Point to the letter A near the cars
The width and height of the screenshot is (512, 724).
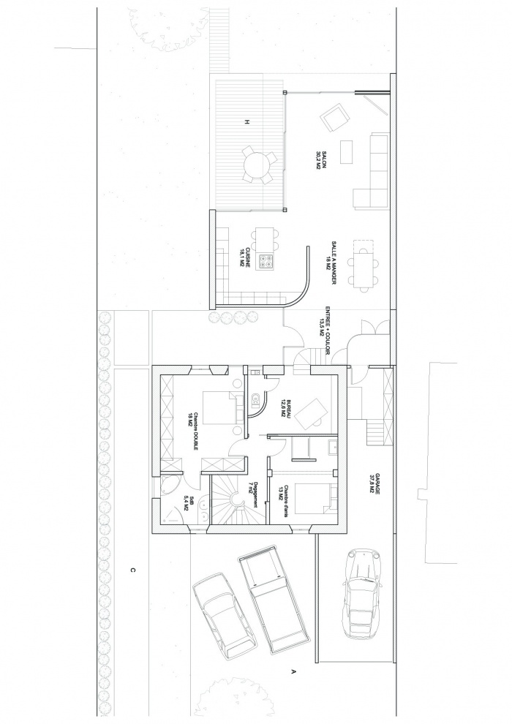click(293, 670)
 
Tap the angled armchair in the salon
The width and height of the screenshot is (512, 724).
click(336, 118)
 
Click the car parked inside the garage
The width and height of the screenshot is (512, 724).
click(363, 592)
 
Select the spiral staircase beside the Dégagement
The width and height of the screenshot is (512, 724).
click(235, 502)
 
